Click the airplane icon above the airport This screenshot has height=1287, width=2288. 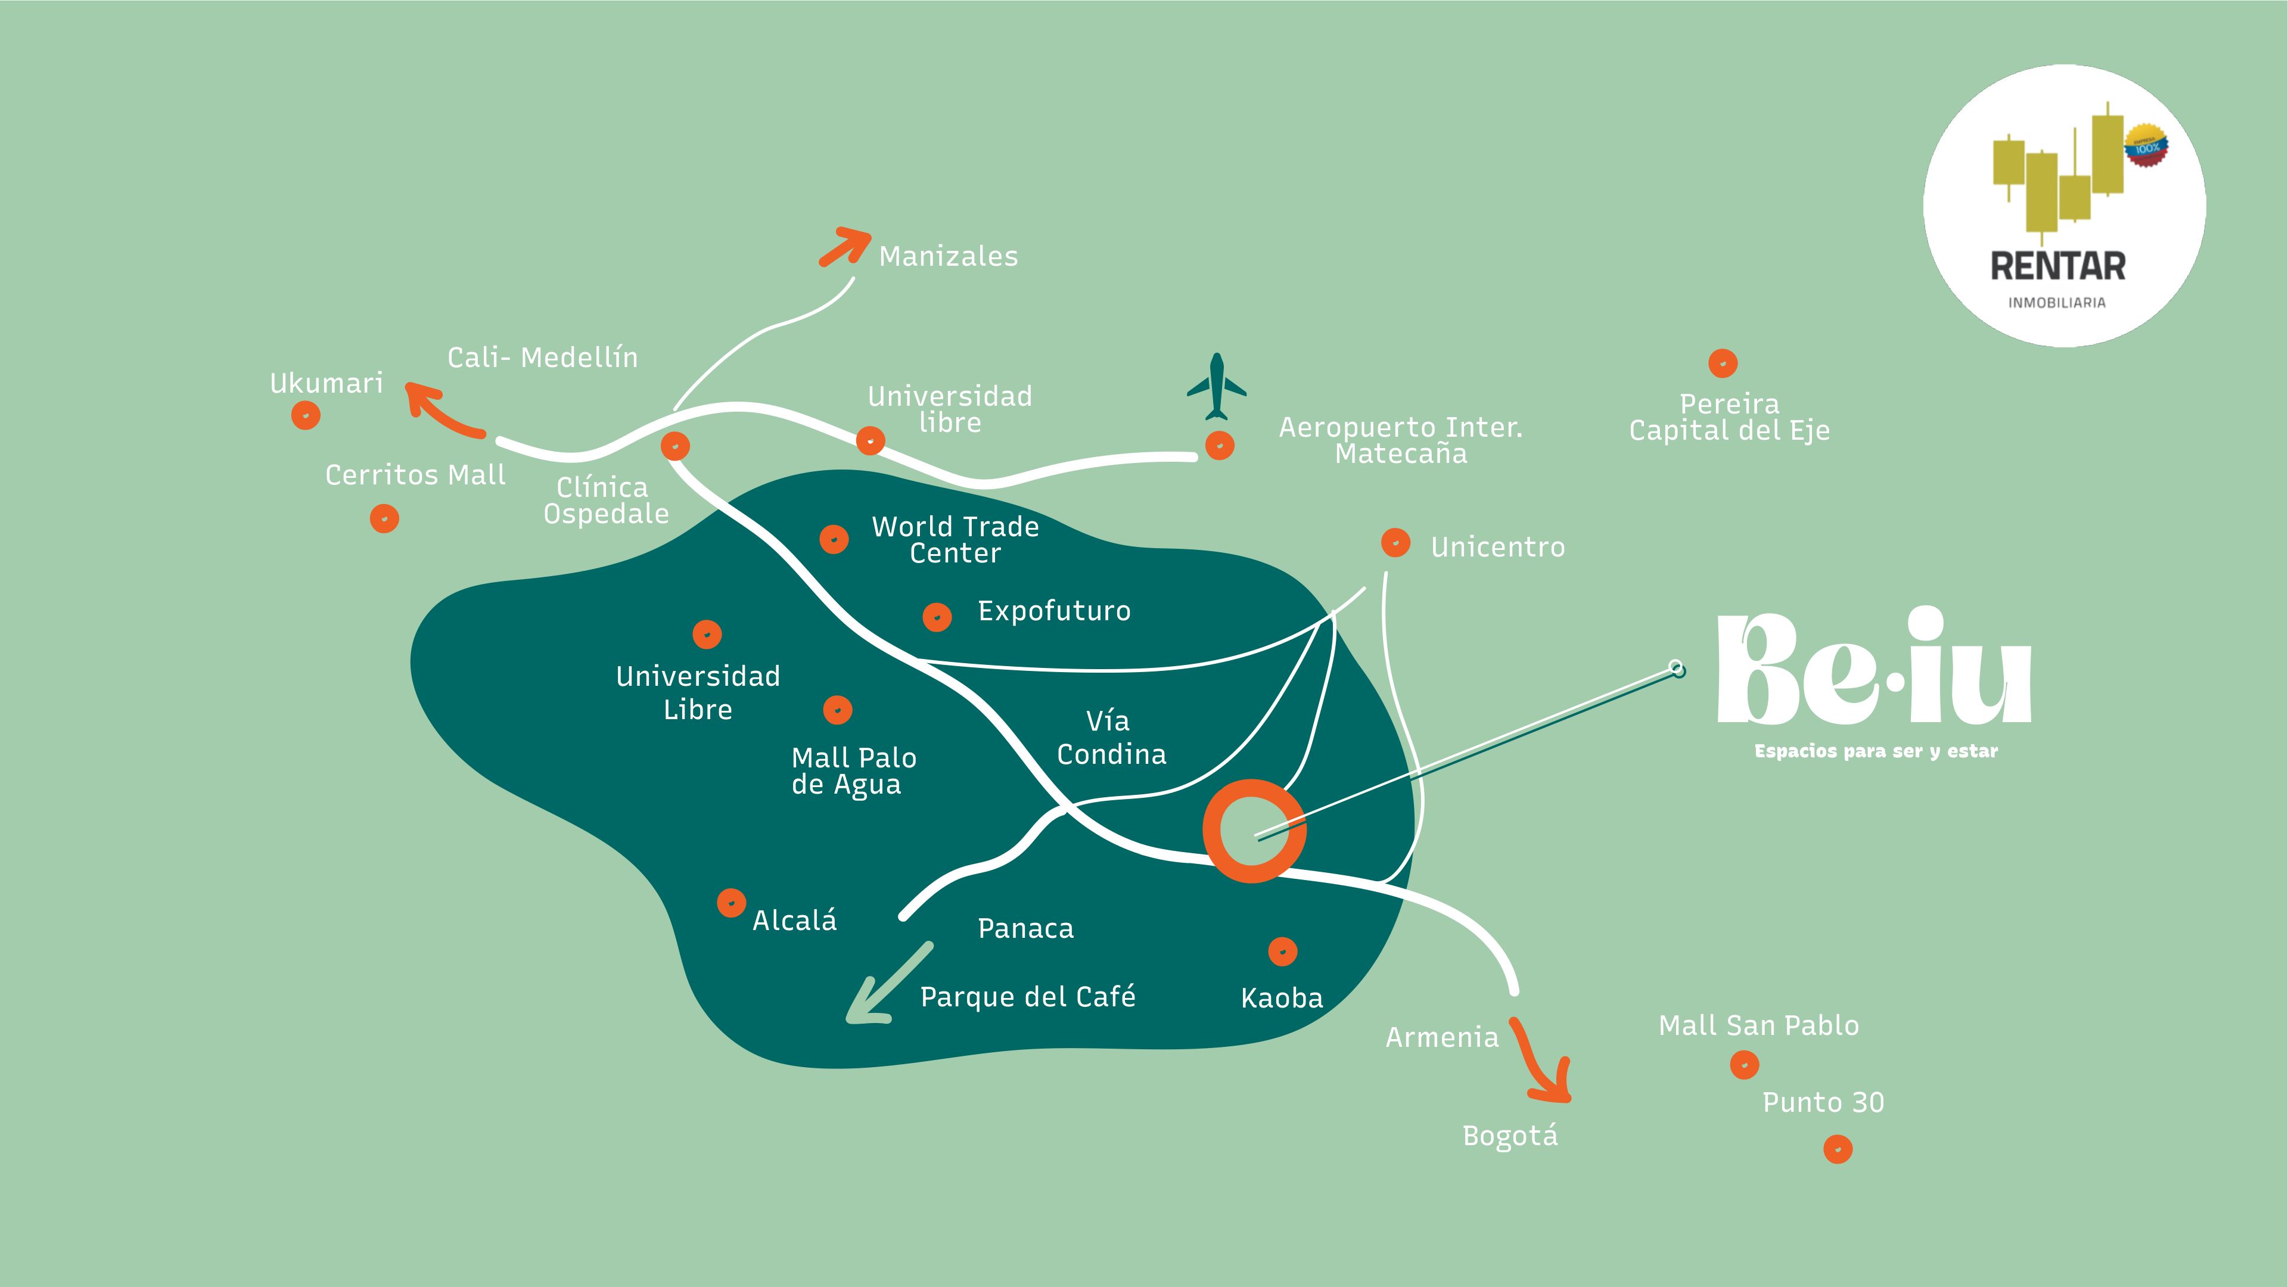tap(1217, 387)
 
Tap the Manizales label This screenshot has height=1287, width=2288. tap(948, 257)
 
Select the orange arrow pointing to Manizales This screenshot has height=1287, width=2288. tap(845, 246)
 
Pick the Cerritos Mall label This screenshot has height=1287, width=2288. tap(415, 475)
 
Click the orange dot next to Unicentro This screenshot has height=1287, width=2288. tap(1395, 543)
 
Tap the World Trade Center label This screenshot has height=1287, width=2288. tap(955, 539)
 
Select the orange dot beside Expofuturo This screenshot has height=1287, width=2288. tap(937, 617)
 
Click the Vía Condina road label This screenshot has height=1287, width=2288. tap(1110, 737)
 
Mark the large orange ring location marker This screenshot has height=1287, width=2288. tap(1253, 831)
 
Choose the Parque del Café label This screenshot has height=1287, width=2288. tap(1028, 997)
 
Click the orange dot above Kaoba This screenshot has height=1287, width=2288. tap(1282, 952)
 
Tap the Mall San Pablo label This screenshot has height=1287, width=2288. tap(1759, 1026)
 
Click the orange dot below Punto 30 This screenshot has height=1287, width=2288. tap(1838, 1149)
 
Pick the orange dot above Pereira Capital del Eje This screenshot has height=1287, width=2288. tap(1722, 363)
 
